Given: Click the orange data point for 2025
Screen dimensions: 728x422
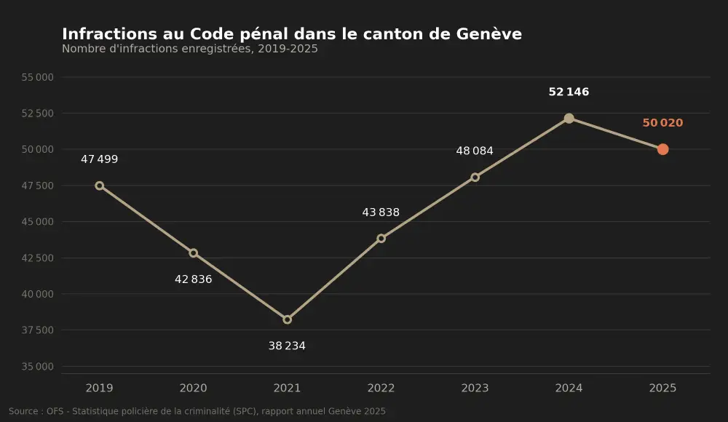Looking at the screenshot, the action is point(662,149).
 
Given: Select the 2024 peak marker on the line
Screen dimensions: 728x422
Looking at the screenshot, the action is point(569,119).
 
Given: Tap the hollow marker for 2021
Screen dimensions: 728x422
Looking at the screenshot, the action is point(287,319).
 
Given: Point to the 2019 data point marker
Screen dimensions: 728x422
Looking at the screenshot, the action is point(99,186).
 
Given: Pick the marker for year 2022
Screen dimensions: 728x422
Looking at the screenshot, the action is point(381,238).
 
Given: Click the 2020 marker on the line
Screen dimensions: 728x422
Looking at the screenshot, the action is point(193,253).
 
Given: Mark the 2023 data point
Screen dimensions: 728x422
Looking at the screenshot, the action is point(475,177).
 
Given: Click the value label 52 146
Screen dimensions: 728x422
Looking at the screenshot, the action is point(569,92).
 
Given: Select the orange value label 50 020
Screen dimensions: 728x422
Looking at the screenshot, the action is point(662,122).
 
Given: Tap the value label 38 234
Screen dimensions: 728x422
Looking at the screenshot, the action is point(287,346).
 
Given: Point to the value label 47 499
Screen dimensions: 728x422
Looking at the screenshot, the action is point(99,159).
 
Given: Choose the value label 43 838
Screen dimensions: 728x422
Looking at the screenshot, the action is point(381,212).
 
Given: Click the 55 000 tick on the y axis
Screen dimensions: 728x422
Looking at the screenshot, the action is point(38,77).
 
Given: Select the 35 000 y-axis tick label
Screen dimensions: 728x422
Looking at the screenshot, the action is point(38,366).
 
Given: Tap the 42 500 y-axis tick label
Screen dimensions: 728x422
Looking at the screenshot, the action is point(38,258).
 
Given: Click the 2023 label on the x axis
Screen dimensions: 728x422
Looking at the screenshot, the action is point(475,388).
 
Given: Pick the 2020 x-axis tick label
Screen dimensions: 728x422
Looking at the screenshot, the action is point(193,388).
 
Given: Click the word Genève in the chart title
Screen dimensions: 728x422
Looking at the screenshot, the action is point(489,34).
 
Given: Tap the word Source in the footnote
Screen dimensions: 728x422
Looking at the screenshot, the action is point(23,411).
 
